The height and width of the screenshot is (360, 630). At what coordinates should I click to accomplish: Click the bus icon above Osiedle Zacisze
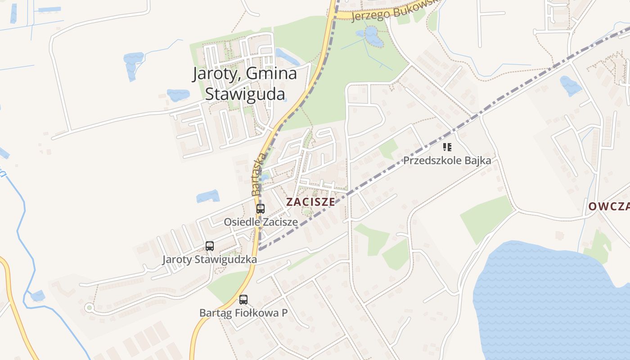coord(260,209)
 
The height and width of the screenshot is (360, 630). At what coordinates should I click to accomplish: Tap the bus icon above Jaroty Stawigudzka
coord(209,246)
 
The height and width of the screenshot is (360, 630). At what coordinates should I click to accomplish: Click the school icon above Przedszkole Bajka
coord(447,147)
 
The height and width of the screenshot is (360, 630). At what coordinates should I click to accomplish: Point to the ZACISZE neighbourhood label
coord(310,202)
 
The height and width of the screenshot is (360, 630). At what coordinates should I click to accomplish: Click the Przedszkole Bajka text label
coord(447,161)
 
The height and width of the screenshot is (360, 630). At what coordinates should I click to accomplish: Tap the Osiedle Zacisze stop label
coord(261,222)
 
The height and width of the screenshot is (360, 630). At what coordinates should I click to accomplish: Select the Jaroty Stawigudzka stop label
coord(209,260)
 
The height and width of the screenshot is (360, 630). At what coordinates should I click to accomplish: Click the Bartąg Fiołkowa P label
coord(243,313)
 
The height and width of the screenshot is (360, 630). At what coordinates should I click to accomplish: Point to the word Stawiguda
coord(245,94)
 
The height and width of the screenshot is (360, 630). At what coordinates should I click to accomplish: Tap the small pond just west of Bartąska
coord(207,197)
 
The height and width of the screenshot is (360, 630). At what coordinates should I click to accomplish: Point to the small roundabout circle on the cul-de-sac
coord(89,308)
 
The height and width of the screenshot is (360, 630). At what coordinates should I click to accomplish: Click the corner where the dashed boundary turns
coord(260,248)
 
